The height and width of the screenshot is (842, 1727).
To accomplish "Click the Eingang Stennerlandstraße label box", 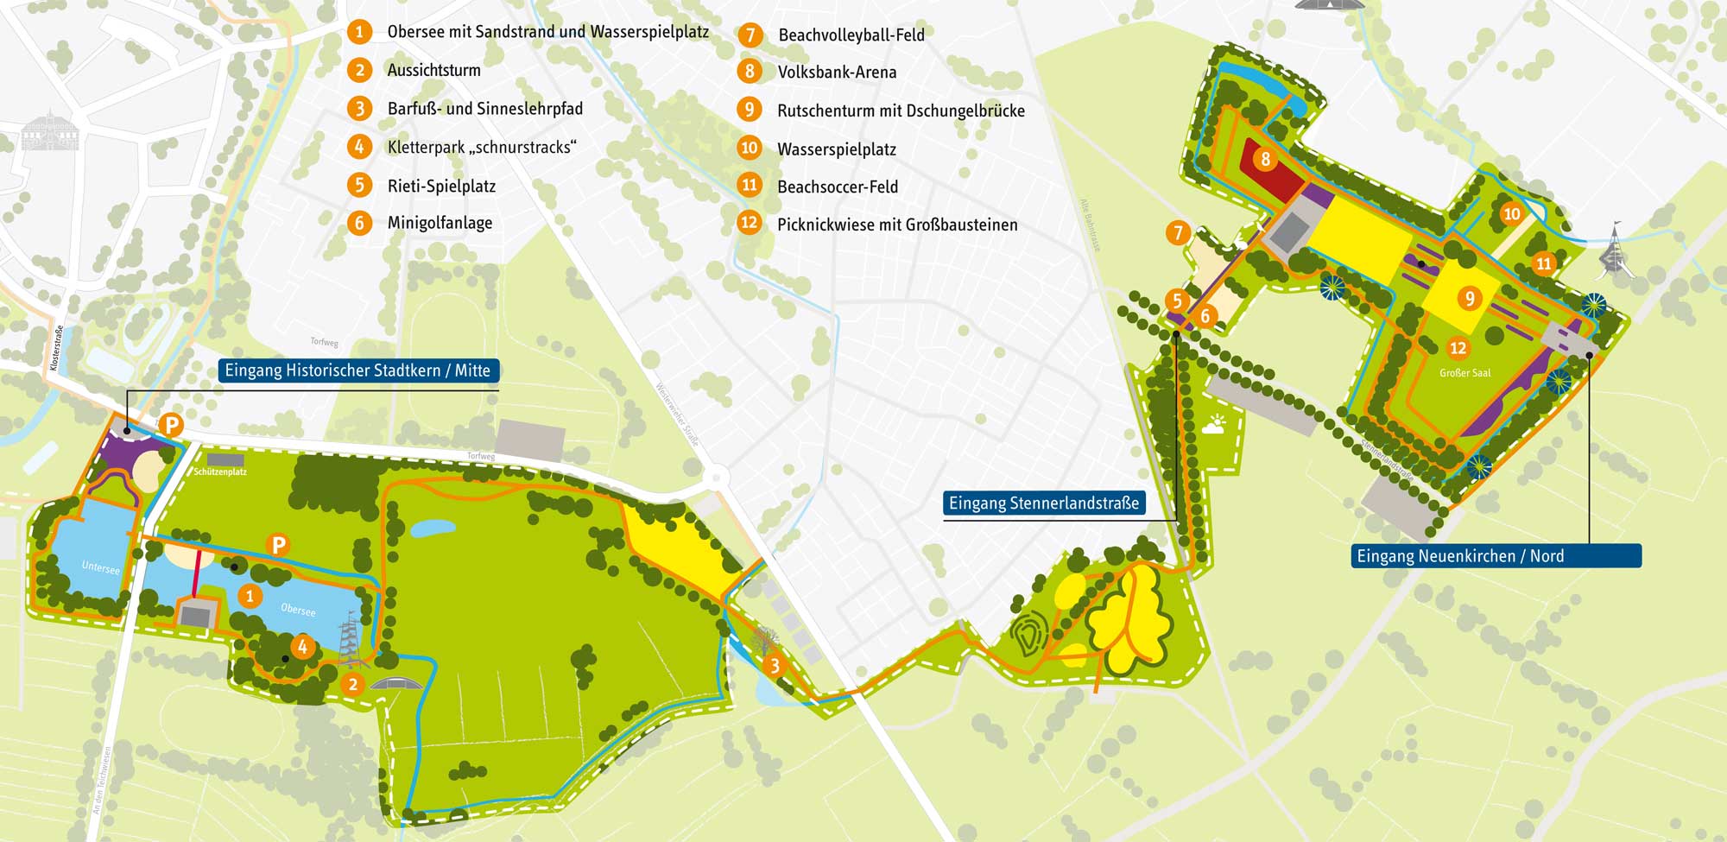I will click(1044, 503).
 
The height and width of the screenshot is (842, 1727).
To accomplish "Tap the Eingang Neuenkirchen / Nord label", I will click(1496, 556).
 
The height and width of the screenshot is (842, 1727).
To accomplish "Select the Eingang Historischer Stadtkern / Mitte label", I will click(357, 370).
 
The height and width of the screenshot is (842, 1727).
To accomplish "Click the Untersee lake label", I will click(100, 567).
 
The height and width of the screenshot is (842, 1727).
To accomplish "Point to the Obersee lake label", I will click(298, 610).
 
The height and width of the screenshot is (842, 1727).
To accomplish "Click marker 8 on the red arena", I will click(1265, 159).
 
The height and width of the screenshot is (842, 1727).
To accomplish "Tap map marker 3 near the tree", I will click(775, 665).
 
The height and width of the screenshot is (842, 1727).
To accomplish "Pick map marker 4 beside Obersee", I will click(302, 646).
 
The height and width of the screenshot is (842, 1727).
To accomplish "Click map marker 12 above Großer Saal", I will click(1458, 348).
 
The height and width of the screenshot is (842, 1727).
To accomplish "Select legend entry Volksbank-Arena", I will click(837, 73).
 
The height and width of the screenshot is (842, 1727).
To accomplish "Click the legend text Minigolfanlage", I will click(440, 223).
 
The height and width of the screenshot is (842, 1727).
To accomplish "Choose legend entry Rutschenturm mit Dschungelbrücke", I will click(901, 111).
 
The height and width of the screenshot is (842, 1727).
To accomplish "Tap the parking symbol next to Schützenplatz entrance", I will click(172, 425).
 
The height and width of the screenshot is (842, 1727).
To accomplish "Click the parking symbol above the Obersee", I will click(278, 545).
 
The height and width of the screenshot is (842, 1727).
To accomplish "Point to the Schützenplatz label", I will click(220, 472).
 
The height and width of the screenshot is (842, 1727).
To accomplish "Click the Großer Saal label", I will click(1464, 373).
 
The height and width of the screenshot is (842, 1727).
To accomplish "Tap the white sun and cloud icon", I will click(1213, 425).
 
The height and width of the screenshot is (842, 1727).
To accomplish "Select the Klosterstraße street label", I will click(56, 348).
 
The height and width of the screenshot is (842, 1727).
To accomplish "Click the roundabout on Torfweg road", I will click(716, 477).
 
